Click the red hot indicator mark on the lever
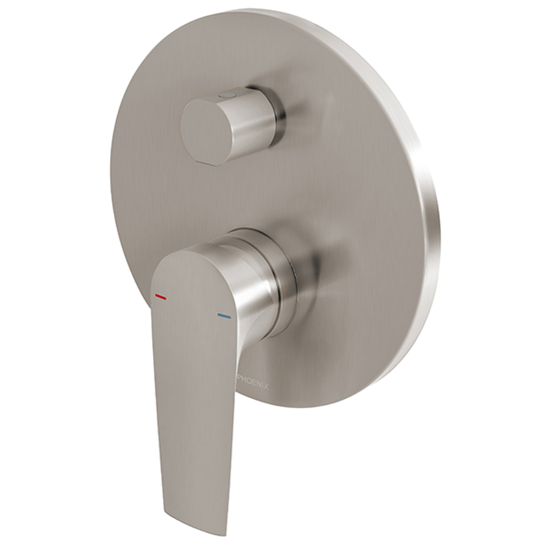161,297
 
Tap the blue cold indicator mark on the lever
224,316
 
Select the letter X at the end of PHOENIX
266,387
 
